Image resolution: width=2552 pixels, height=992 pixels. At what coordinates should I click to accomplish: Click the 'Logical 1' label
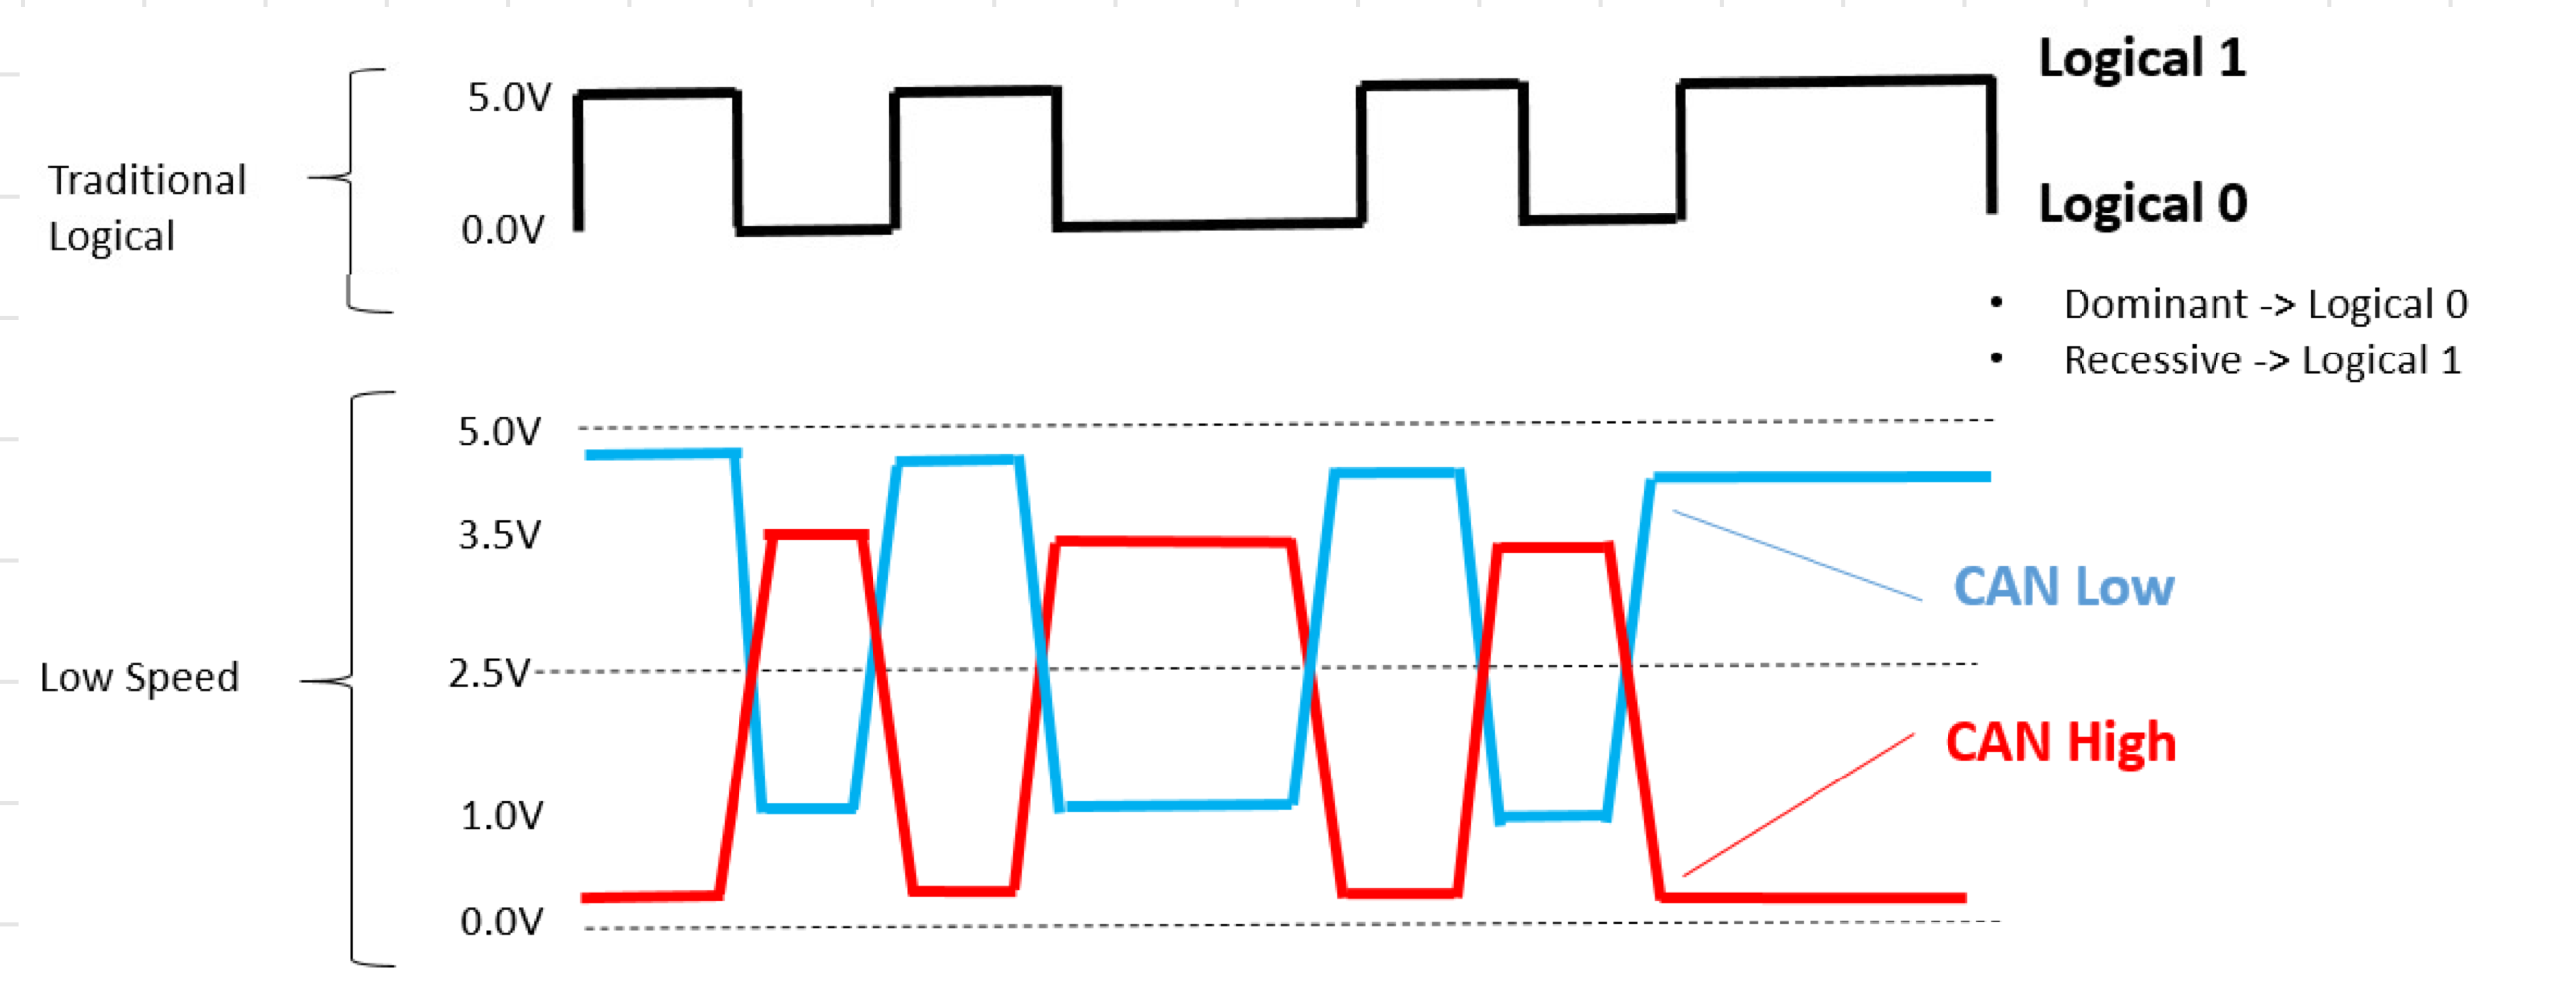click(x=2141, y=59)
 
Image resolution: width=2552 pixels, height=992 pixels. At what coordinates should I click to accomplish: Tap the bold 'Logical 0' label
click(x=2142, y=204)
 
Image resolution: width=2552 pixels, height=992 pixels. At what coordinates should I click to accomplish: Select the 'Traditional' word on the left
click(x=147, y=181)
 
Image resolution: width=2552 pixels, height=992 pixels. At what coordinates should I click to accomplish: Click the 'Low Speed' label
click(x=139, y=678)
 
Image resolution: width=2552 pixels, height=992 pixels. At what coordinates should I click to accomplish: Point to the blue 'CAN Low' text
click(x=2063, y=587)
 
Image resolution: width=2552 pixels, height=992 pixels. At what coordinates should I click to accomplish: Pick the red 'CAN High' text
click(x=2060, y=743)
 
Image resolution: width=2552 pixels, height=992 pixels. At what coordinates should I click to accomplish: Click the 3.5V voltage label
click(x=499, y=536)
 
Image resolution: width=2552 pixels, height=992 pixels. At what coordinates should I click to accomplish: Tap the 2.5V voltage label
click(x=488, y=674)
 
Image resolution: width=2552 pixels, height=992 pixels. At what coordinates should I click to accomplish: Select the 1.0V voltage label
click(x=501, y=816)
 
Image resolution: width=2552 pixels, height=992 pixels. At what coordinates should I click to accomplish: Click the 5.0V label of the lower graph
click(x=499, y=432)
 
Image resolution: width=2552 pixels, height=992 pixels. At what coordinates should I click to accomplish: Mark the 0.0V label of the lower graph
click(x=501, y=922)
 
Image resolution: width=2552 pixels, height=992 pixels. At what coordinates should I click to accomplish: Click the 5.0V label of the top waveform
click(x=509, y=98)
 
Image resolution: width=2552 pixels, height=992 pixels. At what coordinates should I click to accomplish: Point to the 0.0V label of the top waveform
click(x=503, y=230)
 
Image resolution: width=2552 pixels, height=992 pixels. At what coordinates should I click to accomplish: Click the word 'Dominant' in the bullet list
click(x=2153, y=305)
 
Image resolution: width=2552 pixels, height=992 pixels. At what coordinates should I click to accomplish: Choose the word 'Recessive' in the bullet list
click(x=2151, y=360)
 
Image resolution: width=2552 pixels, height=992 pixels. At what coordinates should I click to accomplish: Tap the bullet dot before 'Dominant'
click(x=1996, y=303)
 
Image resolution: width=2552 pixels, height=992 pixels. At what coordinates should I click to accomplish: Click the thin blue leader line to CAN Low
click(x=1797, y=556)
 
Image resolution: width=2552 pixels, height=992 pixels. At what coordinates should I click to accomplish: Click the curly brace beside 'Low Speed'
click(x=352, y=680)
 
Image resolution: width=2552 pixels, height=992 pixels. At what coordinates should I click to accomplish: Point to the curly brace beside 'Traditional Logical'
click(x=349, y=179)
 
